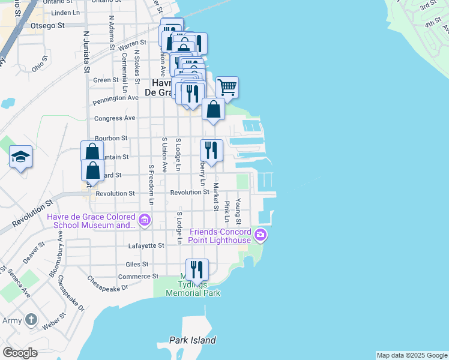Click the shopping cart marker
coord(227,88)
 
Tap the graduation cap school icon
coord(21,157)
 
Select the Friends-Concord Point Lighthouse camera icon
coord(260,235)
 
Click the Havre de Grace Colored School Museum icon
coord(144,220)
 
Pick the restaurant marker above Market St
coord(211,150)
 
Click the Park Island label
coord(192,340)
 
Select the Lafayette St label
coord(146,245)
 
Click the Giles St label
coord(137,264)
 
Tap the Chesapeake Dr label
coord(108,283)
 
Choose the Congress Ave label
coord(115,118)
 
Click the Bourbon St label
coord(110,137)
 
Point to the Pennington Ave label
coord(116,98)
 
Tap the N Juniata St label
coord(86,52)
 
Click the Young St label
coord(238,208)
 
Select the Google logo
coord(20,353)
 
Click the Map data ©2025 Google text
coord(412,355)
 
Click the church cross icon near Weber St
coord(31,320)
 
